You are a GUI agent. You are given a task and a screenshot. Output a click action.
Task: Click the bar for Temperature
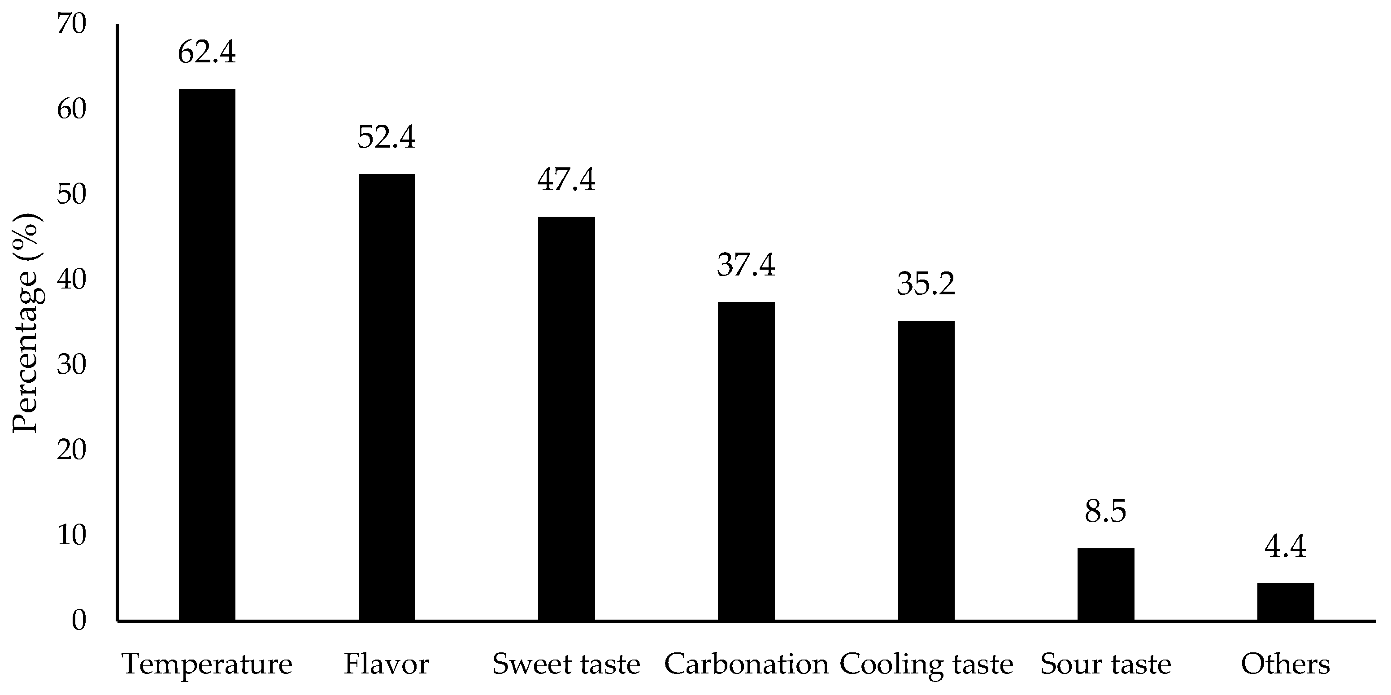click(207, 354)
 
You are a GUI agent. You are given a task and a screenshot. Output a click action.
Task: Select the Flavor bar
click(387, 397)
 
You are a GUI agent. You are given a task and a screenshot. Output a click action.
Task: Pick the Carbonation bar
click(746, 460)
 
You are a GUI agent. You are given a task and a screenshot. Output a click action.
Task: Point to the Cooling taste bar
click(926, 470)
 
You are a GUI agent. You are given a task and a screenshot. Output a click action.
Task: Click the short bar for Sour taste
click(1105, 584)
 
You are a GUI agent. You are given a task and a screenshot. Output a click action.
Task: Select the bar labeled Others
click(1285, 602)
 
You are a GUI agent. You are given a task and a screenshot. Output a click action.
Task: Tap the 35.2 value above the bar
click(926, 284)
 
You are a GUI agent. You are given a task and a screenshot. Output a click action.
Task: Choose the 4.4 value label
click(1285, 547)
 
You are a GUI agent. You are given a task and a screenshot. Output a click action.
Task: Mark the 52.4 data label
click(387, 138)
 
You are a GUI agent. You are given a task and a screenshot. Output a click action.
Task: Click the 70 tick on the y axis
click(71, 24)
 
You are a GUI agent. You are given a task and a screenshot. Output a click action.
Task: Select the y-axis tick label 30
click(71, 365)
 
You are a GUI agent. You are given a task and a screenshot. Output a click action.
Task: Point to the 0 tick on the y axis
click(79, 621)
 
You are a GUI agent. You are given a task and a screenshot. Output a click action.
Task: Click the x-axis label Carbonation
click(746, 664)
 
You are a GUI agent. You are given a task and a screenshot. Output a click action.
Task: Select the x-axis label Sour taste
click(1105, 664)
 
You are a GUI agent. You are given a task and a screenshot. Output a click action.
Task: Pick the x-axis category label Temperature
click(207, 664)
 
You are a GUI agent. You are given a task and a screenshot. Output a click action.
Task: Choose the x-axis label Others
click(1285, 664)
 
